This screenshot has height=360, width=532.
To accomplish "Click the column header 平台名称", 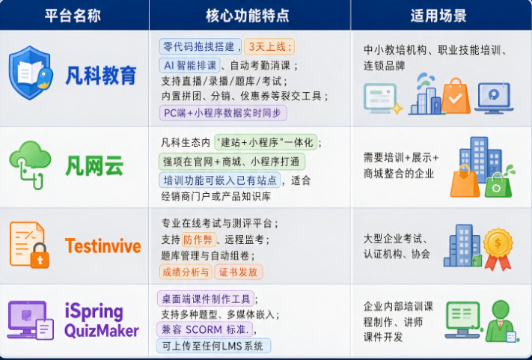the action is pos(73,16).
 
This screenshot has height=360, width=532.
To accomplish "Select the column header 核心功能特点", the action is pos(248,16).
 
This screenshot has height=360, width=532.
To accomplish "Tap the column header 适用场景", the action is pos(438,16).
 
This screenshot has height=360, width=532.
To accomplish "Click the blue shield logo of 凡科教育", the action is pos(31,73).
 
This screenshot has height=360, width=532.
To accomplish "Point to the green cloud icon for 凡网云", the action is pos(30,164).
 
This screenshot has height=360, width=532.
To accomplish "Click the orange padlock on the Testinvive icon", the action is pos(40,256).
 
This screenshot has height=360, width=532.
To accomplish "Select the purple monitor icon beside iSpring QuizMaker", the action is pos(27,319).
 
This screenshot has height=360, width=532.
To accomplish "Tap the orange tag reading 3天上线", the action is pos(269,46).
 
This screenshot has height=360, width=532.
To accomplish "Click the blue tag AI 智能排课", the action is pos(189,65).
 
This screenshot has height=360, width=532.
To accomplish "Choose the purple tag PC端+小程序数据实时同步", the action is pos(223,113).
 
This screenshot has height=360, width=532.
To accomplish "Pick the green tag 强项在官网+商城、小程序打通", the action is pos(232,162).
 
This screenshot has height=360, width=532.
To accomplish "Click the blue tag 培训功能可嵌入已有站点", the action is pos(220,180).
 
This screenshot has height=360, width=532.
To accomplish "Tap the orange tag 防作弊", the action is pos(198,240).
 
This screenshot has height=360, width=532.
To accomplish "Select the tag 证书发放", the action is pos(239,272).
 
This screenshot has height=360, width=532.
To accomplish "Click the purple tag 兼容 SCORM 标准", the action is pos(205,329).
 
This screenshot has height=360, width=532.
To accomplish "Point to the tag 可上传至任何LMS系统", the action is pos(213,346).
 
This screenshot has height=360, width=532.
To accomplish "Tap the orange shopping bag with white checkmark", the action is pos(456,96).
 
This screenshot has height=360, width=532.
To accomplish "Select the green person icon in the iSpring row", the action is pos(500,321).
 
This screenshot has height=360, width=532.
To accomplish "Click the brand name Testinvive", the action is pos(103,246).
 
